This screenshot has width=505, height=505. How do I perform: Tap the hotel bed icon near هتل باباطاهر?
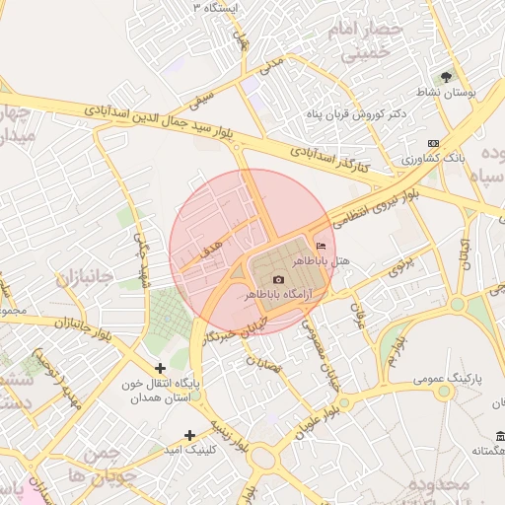pyautogui.click(x=320, y=246)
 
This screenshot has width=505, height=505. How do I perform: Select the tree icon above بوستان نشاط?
pyautogui.click(x=447, y=76)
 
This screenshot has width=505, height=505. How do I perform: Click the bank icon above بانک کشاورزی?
pyautogui.click(x=435, y=143)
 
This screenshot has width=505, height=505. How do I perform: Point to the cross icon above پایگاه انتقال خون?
pyautogui.click(x=161, y=368)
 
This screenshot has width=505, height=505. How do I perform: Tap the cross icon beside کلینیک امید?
pyautogui.click(x=190, y=434)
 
